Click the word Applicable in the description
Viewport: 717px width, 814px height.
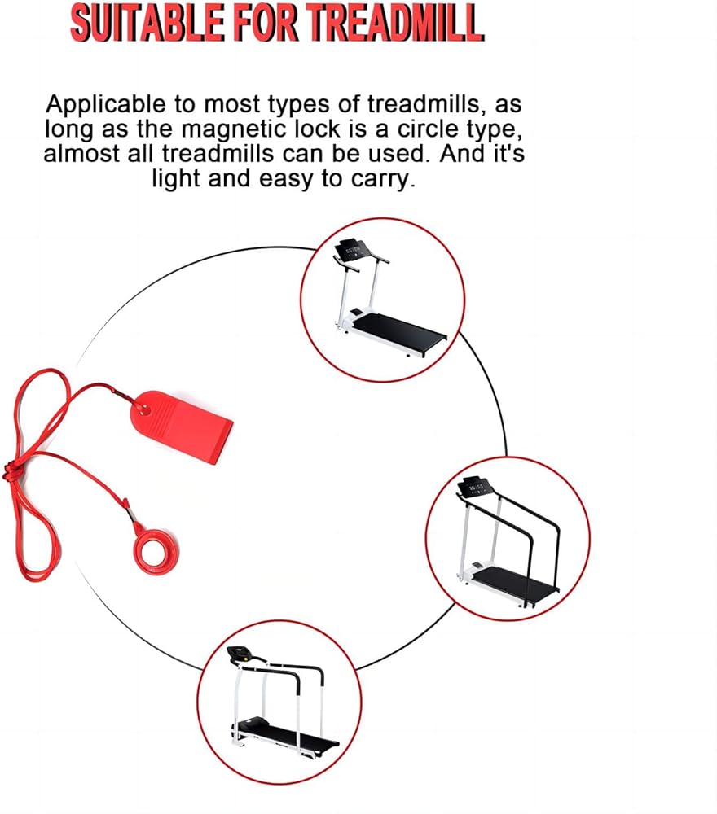click(105, 105)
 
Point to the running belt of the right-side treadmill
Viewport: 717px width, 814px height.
click(514, 583)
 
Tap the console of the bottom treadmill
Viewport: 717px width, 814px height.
click(240, 655)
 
